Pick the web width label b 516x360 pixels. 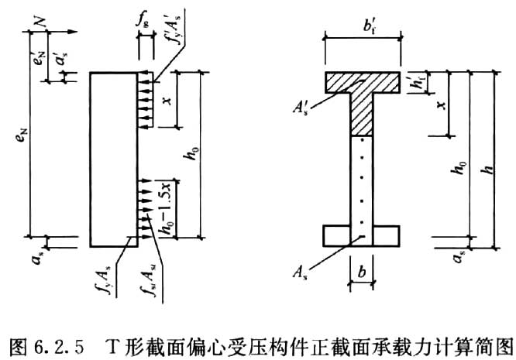[x=361, y=273]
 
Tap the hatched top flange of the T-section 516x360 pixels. [x=362, y=81]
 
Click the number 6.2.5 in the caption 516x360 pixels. [x=57, y=341]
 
